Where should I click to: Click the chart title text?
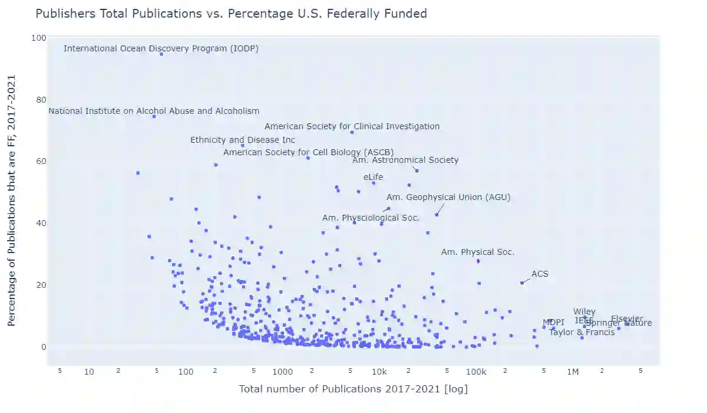tap(231, 14)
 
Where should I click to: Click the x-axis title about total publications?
tap(353, 389)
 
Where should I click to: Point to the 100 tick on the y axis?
tap(39, 38)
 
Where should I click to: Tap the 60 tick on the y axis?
tap(39, 161)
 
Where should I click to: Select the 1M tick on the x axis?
tap(573, 372)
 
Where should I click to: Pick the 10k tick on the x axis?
tap(379, 372)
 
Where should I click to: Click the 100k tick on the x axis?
tap(475, 372)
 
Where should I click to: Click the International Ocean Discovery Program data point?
tap(161, 54)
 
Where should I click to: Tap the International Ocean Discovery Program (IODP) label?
tap(161, 48)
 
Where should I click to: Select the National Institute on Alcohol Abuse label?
tap(153, 111)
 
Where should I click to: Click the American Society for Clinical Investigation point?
tap(352, 132)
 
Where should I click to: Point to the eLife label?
tap(373, 176)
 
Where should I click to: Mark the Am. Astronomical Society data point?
tap(417, 171)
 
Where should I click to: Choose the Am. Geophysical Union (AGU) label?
tap(448, 197)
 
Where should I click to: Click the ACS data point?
tap(522, 283)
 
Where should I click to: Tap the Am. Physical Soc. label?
tap(478, 252)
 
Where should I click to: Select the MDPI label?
tap(553, 322)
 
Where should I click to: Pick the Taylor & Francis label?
tap(582, 332)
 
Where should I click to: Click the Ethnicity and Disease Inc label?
tap(243, 140)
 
